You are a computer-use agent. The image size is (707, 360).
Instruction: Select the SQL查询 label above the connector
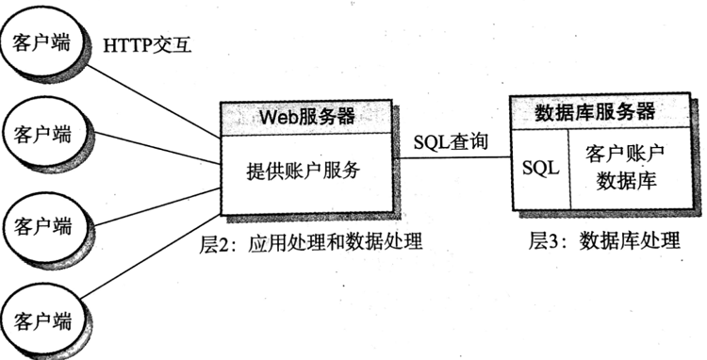tap(452, 143)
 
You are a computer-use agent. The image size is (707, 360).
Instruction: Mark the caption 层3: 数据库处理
tap(603, 240)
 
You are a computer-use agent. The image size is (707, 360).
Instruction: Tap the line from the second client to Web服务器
tap(151, 145)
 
